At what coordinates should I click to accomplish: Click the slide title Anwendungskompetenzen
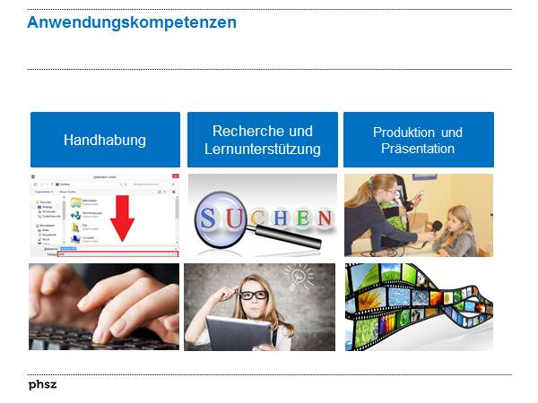(132, 22)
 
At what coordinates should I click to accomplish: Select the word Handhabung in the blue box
(105, 140)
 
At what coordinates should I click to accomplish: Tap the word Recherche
(263, 131)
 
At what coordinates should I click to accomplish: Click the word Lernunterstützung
(263, 149)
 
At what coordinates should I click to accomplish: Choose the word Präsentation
(418, 149)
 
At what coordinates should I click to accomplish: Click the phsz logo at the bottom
(41, 385)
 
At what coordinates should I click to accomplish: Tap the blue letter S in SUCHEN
(208, 217)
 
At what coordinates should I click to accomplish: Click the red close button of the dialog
(175, 177)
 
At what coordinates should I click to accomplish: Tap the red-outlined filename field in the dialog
(117, 254)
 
